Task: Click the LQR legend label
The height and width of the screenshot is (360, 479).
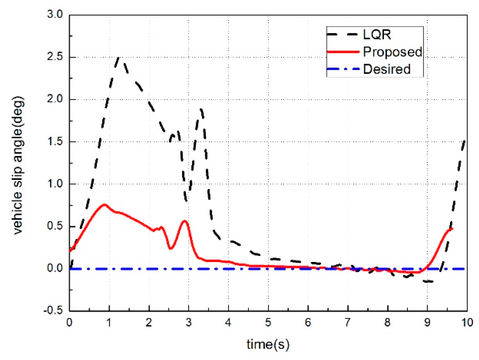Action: click(377, 35)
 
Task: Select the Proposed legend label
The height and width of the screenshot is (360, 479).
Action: click(392, 52)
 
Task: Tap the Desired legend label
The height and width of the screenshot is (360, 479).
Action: click(387, 69)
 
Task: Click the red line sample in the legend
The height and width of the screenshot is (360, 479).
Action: click(343, 52)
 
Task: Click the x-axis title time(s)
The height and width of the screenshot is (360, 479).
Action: click(268, 344)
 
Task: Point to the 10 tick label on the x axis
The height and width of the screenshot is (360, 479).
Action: click(467, 323)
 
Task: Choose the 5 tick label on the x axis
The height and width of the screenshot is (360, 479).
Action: click(268, 323)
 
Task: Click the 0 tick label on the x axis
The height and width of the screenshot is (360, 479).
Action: click(69, 323)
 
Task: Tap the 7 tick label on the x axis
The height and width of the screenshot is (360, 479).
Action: click(347, 323)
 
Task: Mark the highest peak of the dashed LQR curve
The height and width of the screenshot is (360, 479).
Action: click(119, 58)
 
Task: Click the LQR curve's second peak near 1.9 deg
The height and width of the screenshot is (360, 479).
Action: click(201, 109)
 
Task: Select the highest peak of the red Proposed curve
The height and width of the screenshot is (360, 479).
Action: click(104, 205)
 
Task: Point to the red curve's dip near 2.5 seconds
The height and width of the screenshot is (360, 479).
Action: click(170, 248)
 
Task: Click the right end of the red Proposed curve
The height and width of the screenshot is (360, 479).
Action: click(452, 228)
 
